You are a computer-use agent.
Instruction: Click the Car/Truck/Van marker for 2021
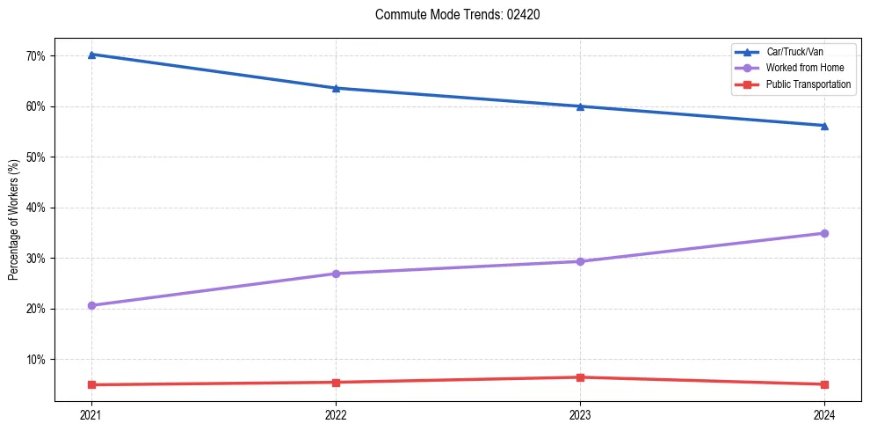click(x=91, y=55)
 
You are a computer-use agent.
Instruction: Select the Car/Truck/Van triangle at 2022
click(x=336, y=88)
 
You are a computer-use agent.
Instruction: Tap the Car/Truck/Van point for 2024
click(x=824, y=126)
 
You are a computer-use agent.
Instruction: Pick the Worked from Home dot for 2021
click(x=91, y=305)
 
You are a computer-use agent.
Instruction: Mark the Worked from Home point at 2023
click(x=580, y=261)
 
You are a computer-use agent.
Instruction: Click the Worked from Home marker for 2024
click(x=824, y=233)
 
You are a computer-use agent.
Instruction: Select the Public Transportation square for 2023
click(x=580, y=377)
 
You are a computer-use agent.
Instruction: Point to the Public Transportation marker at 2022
click(x=336, y=383)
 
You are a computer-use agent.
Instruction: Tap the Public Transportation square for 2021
click(x=91, y=384)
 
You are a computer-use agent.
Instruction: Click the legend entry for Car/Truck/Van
click(x=794, y=52)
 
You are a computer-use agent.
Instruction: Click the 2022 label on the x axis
click(x=336, y=415)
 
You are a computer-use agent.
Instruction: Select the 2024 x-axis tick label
click(x=824, y=415)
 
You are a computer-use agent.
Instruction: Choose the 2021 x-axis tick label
click(x=91, y=415)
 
